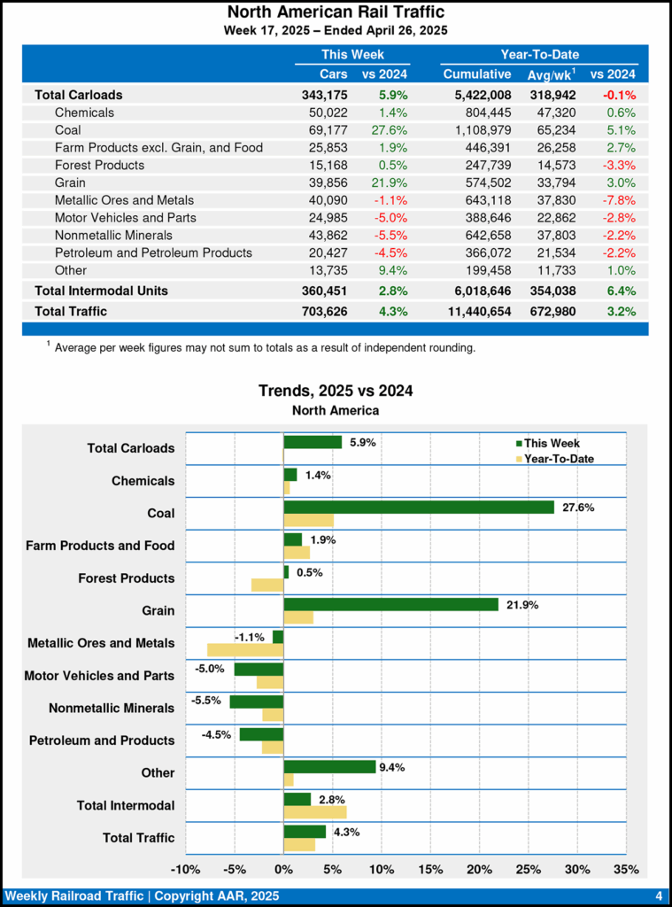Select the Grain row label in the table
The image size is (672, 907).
[72, 182]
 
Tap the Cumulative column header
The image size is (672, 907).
[477, 74]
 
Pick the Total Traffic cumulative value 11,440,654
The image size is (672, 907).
[471, 311]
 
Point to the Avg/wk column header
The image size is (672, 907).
[550, 74]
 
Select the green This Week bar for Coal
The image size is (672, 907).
[419, 508]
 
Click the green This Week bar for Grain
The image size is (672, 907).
[390, 604]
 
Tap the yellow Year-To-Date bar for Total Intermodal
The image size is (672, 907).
[314, 811]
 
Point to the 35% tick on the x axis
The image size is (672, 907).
[626, 869]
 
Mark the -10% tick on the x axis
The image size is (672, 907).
[185, 869]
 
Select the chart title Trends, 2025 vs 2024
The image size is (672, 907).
[336, 391]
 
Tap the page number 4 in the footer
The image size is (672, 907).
[659, 896]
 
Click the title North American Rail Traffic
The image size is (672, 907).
[336, 12]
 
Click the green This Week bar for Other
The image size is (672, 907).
[329, 766]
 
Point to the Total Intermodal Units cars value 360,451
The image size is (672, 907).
[325, 291]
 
